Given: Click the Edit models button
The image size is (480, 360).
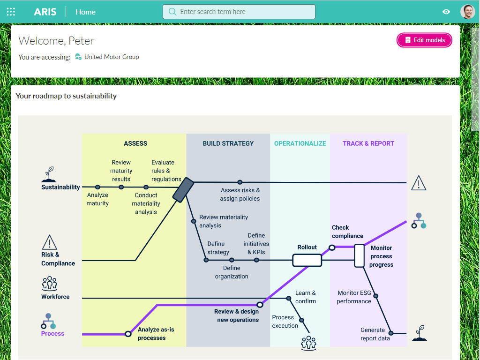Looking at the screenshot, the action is click(x=424, y=40).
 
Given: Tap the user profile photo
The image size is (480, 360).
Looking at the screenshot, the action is click(x=467, y=12).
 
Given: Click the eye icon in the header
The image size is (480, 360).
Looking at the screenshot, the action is click(x=446, y=12).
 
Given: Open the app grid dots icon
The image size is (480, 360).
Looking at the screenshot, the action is click(x=11, y=12).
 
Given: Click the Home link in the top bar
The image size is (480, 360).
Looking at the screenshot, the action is click(x=85, y=12).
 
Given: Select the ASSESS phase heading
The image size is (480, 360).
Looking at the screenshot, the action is click(x=135, y=143).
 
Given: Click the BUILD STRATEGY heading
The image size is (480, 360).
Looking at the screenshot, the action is click(x=228, y=143).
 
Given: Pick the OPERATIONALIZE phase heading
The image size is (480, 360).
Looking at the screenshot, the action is click(x=300, y=143).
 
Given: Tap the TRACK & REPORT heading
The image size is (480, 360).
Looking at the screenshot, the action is click(x=368, y=143).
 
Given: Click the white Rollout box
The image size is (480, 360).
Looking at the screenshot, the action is click(x=307, y=260).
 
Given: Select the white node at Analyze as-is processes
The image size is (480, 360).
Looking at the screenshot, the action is click(x=128, y=334).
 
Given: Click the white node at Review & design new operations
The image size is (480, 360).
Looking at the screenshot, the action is click(x=260, y=305).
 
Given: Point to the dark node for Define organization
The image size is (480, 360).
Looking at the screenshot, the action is click(x=232, y=260).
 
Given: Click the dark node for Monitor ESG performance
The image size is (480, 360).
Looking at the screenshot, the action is click(x=375, y=296).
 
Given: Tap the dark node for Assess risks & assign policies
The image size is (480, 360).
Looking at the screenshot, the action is click(x=240, y=182).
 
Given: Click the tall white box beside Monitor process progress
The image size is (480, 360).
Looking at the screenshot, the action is click(x=359, y=255).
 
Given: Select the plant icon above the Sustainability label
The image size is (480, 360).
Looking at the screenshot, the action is click(x=49, y=174).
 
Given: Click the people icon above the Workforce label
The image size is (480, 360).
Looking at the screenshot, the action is click(x=50, y=284).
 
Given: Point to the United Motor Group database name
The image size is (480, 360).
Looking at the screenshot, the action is click(x=112, y=57).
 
